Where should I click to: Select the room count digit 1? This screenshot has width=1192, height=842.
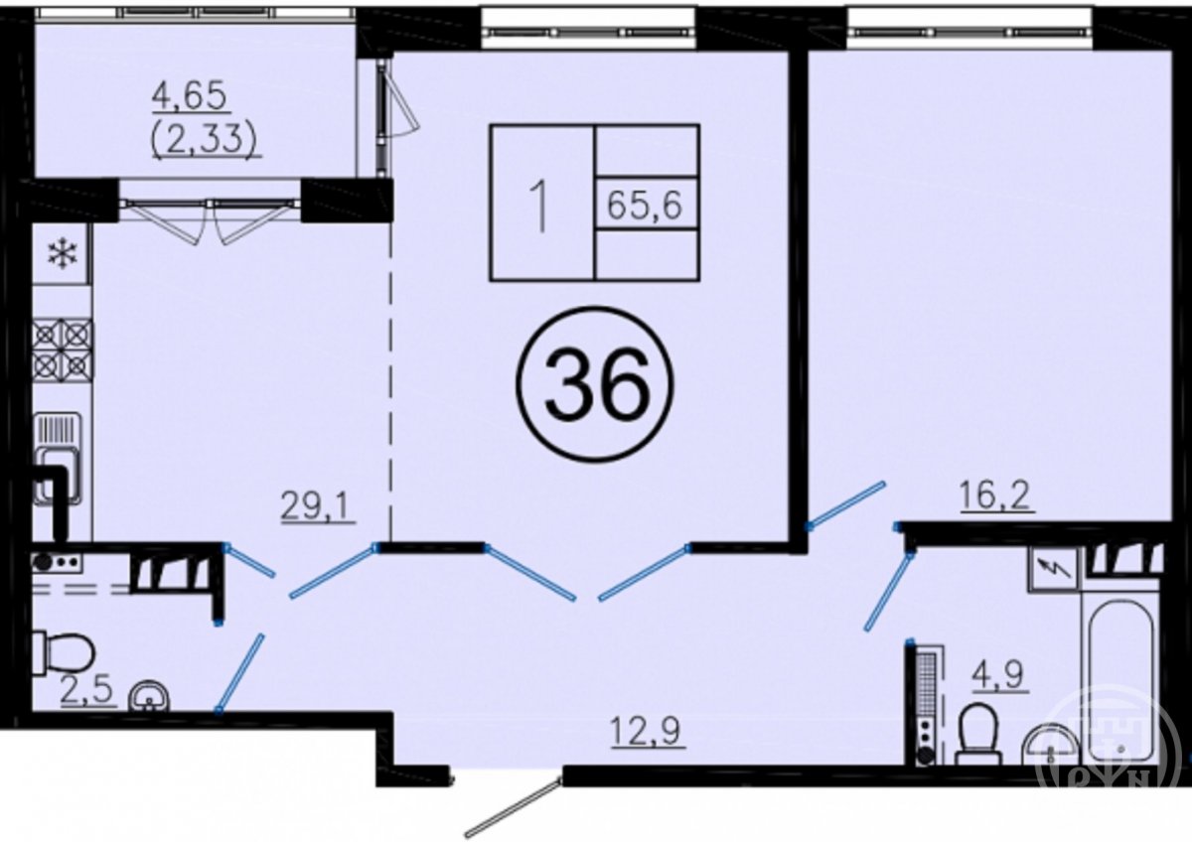541,206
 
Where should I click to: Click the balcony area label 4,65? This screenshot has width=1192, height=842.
191,98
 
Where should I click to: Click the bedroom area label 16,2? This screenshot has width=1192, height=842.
997,496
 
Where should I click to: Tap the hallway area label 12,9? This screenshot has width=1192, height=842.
648,732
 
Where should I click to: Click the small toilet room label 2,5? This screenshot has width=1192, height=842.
87,691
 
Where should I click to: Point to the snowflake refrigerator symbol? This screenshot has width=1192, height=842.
63,254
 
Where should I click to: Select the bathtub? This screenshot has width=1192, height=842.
1121,684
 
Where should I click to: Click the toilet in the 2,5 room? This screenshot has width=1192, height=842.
64,653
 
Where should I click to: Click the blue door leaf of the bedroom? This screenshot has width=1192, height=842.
847,505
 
